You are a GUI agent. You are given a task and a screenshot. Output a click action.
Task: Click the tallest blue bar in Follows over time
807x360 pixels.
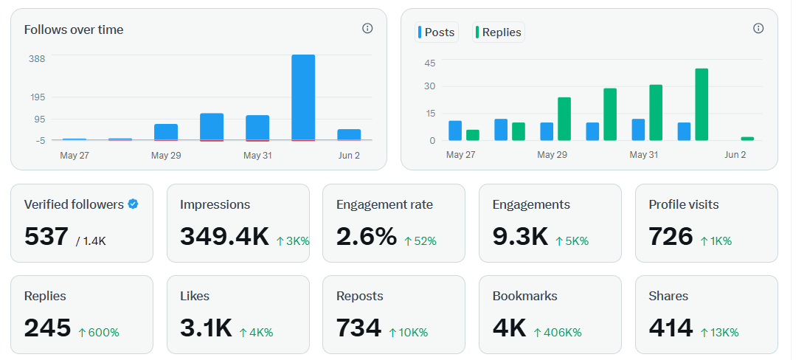click(303, 97)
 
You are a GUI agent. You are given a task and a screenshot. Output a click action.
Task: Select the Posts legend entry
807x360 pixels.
click(437, 32)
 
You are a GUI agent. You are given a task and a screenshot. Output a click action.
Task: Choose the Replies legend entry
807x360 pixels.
click(498, 32)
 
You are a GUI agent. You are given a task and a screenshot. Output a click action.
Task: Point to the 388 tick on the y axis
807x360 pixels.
click(37, 59)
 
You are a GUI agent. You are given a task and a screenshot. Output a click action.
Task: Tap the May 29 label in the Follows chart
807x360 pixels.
click(166, 155)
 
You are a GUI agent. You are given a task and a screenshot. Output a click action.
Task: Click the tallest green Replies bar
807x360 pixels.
click(702, 105)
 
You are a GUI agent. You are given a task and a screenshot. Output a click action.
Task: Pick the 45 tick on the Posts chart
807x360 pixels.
click(430, 63)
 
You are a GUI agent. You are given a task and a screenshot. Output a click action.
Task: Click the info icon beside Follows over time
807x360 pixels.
click(367, 28)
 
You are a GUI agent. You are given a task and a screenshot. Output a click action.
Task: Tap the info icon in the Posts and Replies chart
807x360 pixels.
click(758, 28)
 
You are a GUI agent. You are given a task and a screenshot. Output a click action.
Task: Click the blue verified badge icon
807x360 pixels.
click(133, 204)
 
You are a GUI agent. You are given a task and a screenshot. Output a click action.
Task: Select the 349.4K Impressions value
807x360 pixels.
click(224, 236)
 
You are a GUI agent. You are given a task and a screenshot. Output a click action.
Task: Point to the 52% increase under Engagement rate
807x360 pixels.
click(420, 240)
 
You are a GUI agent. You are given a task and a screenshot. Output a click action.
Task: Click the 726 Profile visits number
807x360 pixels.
click(671, 236)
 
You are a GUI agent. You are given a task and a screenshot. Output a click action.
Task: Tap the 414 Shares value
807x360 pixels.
click(671, 328)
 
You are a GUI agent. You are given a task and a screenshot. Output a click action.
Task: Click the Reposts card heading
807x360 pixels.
click(360, 296)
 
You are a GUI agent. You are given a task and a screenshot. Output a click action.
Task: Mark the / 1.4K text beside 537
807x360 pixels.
click(91, 240)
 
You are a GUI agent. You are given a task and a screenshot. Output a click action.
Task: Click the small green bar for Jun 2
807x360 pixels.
click(747, 139)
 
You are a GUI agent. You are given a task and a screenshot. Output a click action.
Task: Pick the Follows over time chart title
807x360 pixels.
click(74, 30)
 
